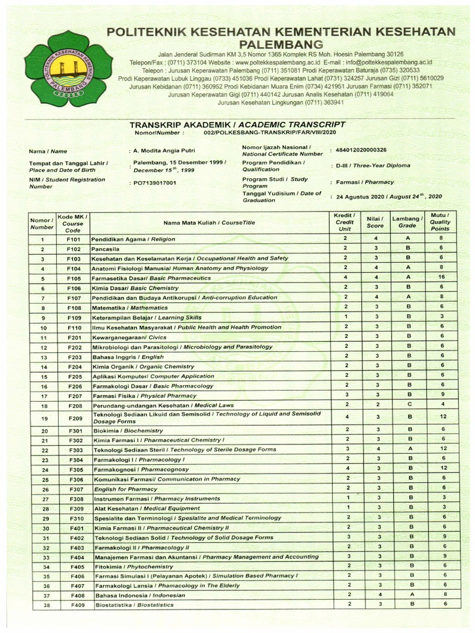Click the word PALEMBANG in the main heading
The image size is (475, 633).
(x=282, y=45)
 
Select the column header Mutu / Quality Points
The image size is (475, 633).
(x=440, y=222)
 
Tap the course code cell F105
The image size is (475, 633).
(x=74, y=278)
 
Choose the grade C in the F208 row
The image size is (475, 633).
(x=408, y=404)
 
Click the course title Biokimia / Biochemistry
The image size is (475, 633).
(x=128, y=430)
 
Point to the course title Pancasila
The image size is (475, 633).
(x=106, y=249)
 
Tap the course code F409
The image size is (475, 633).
(x=76, y=605)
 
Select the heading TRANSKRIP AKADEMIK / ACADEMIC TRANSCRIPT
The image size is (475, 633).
(x=237, y=124)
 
